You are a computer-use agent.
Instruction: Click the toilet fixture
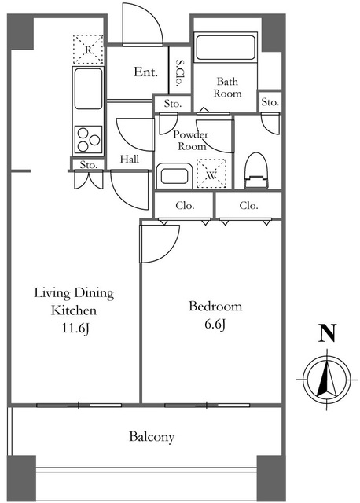pyautogui.click(x=255, y=171)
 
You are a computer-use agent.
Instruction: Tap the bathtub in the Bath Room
pyautogui.click(x=226, y=47)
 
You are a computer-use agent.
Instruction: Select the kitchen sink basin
pyautogui.click(x=88, y=89)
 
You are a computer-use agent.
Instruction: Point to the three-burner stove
pyautogui.click(x=88, y=140)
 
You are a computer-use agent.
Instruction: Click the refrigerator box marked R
pyautogui.click(x=88, y=49)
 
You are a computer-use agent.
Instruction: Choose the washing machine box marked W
pyautogui.click(x=211, y=174)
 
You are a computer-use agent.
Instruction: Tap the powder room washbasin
pyautogui.click(x=174, y=176)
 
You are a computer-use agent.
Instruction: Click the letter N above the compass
pyautogui.click(x=327, y=333)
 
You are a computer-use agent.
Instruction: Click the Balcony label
pyautogui.click(x=152, y=437)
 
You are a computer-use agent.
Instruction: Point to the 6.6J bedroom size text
pyautogui.click(x=215, y=325)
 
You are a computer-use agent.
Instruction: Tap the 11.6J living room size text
pyautogui.click(x=75, y=329)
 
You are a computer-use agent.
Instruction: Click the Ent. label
pyautogui.click(x=145, y=72)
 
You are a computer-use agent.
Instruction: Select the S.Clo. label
pyautogui.click(x=180, y=73)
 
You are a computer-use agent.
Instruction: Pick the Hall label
pyautogui.click(x=130, y=159)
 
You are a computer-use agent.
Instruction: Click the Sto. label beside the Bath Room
pyautogui.click(x=270, y=102)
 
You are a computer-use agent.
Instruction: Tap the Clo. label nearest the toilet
pyautogui.click(x=248, y=205)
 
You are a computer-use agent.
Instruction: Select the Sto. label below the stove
pyautogui.click(x=88, y=165)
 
